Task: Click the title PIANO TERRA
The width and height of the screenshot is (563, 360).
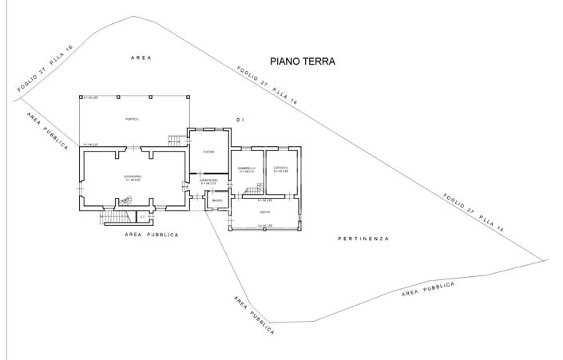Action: pyautogui.click(x=302, y=61)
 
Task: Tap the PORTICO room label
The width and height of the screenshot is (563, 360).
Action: pyautogui.click(x=133, y=119)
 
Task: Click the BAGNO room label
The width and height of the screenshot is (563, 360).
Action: pyautogui.click(x=216, y=200)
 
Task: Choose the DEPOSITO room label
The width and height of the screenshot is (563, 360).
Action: pyautogui.click(x=280, y=168)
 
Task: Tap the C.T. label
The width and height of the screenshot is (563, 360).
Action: pyautogui.click(x=141, y=216)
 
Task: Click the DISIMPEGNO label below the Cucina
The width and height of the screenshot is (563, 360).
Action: pyautogui.click(x=209, y=181)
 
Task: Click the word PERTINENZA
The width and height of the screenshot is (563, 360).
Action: pyautogui.click(x=363, y=239)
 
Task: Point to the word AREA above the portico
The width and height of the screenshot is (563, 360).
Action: pyautogui.click(x=141, y=58)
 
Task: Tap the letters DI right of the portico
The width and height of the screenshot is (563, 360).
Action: pyautogui.click(x=238, y=119)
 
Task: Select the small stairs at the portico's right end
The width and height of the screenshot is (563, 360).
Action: pyautogui.click(x=176, y=140)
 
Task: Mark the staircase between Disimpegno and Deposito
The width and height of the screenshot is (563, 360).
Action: pyautogui.click(x=252, y=189)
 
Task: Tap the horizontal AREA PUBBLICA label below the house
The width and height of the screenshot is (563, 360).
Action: pyautogui.click(x=152, y=235)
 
